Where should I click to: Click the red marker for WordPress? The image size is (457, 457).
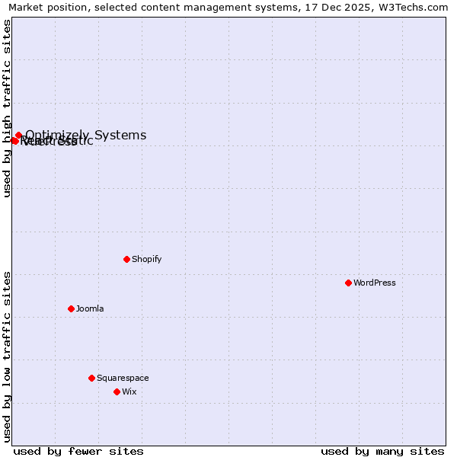click(x=348, y=283)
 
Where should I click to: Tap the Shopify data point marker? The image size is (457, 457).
click(x=126, y=259)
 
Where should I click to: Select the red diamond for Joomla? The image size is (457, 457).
click(x=71, y=308)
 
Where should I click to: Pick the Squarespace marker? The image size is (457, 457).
click(x=91, y=378)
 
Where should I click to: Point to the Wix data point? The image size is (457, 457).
click(x=117, y=391)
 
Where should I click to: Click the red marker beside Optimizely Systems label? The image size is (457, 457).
click(x=18, y=136)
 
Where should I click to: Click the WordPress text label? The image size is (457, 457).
click(x=375, y=283)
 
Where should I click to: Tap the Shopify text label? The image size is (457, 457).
click(x=147, y=259)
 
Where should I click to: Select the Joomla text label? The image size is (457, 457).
click(x=90, y=308)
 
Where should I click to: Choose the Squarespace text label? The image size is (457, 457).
click(x=123, y=378)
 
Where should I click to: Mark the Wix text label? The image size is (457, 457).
click(x=129, y=391)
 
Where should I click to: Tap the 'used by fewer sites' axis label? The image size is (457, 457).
click(x=78, y=451)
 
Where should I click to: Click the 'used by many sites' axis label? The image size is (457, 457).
click(x=382, y=451)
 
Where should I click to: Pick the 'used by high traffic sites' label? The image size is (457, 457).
click(x=7, y=108)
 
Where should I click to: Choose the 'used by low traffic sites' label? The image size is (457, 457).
click(x=7, y=356)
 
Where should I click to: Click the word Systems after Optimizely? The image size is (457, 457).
click(x=120, y=136)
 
